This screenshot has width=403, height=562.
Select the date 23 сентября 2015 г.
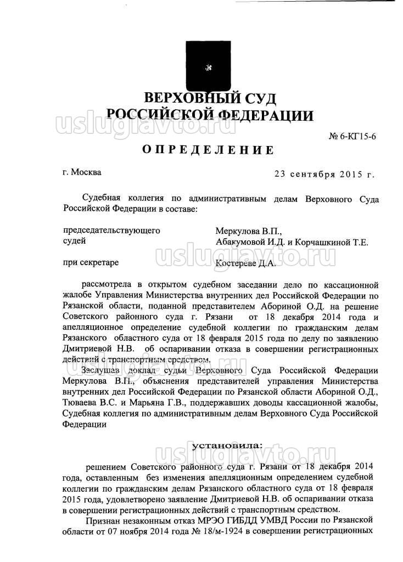pyautogui.click(x=324, y=174)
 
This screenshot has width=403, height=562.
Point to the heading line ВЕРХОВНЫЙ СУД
pyautogui.click(x=209, y=99)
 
